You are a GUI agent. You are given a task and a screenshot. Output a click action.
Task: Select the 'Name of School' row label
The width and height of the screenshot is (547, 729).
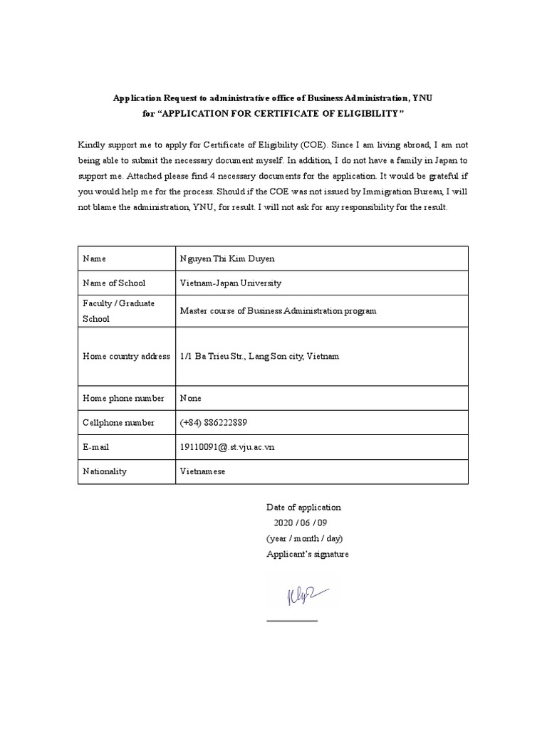click(x=114, y=283)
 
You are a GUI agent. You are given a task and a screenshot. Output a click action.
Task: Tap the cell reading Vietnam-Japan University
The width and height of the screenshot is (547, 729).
click(x=231, y=283)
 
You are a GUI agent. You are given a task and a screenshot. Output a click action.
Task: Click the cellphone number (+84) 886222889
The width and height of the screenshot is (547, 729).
click(x=214, y=422)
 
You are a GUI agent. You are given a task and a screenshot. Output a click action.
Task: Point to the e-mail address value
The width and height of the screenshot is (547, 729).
click(x=227, y=447)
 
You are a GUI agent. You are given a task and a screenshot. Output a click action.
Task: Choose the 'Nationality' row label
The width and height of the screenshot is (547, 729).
click(x=105, y=471)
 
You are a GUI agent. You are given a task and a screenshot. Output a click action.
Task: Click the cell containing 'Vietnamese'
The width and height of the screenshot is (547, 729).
click(x=203, y=471)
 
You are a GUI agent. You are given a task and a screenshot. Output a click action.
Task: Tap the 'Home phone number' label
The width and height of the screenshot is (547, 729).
click(x=123, y=398)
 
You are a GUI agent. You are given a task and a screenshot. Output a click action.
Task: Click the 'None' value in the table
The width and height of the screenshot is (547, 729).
click(x=191, y=398)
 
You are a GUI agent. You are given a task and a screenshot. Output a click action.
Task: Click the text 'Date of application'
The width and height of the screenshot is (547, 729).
click(x=303, y=507)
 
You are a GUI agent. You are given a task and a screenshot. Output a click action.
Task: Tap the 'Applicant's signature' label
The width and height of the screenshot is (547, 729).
click(x=308, y=554)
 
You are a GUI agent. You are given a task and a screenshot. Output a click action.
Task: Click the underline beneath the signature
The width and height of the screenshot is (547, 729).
click(x=292, y=621)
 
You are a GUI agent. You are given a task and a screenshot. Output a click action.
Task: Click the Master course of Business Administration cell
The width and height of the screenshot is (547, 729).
click(x=278, y=311)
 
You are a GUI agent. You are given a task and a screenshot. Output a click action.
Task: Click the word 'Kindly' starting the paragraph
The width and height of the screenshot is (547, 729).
click(x=91, y=145)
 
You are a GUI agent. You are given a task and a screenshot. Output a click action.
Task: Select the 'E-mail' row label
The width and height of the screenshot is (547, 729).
click(x=97, y=447)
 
